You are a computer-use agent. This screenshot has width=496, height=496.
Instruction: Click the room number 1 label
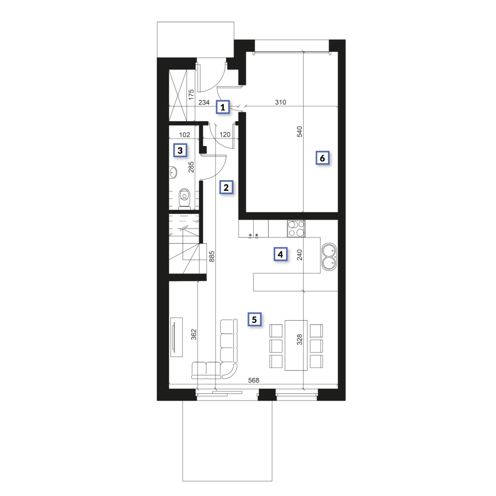point(223,107)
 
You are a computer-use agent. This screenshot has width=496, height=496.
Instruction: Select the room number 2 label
point(226,187)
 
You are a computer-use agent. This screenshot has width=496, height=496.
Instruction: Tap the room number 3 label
point(180,151)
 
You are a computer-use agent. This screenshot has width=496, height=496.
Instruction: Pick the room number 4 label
point(280,254)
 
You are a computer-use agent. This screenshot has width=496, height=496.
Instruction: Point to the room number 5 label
point(255,320)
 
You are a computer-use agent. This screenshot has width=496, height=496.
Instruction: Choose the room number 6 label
point(322,158)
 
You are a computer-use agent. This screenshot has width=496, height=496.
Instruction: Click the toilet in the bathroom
point(184,199)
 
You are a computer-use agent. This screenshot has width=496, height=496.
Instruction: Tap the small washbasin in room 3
point(173,172)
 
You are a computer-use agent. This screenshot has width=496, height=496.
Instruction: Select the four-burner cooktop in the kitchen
point(296,229)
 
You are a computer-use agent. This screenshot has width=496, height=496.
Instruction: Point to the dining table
point(296,345)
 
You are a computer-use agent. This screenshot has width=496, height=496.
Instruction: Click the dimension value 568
point(254,380)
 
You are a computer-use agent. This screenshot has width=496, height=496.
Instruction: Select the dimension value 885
point(212,256)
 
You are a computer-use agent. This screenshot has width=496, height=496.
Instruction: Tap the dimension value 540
point(299,132)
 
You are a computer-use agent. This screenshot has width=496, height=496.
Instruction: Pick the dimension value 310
point(280,102)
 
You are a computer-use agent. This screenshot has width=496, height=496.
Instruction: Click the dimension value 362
point(194,334)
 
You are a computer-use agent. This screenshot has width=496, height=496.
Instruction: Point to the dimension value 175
point(191,95)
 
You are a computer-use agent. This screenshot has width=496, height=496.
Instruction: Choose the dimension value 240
point(299,255)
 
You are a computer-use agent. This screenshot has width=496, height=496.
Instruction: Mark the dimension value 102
point(185,135)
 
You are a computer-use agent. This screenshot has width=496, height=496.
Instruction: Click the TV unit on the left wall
point(176,337)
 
